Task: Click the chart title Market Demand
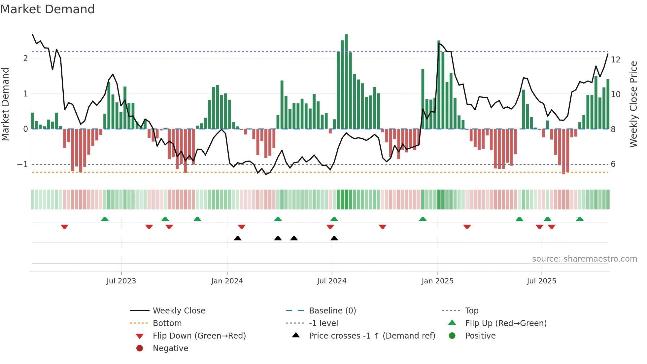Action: click(x=48, y=9)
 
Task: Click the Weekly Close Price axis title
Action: click(x=633, y=104)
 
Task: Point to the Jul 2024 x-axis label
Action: click(x=332, y=281)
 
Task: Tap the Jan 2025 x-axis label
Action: click(x=437, y=281)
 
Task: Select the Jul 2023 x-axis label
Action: click(x=121, y=281)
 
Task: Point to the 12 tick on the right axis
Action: click(x=616, y=60)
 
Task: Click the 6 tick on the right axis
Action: click(x=613, y=164)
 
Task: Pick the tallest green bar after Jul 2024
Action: click(x=346, y=81)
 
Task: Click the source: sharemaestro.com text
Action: click(x=584, y=259)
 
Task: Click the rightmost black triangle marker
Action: click(x=334, y=238)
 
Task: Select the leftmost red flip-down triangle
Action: click(x=65, y=227)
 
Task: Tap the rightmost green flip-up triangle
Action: click(x=580, y=219)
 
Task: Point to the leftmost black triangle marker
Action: click(x=237, y=238)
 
